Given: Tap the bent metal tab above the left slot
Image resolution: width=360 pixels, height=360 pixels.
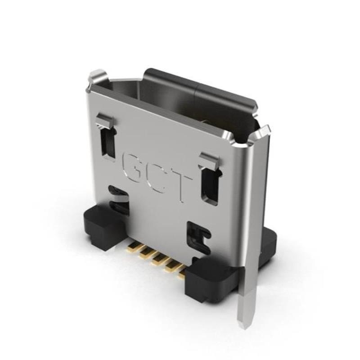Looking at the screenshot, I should [106, 121].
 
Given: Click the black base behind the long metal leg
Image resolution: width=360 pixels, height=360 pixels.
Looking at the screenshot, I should [267, 245].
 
